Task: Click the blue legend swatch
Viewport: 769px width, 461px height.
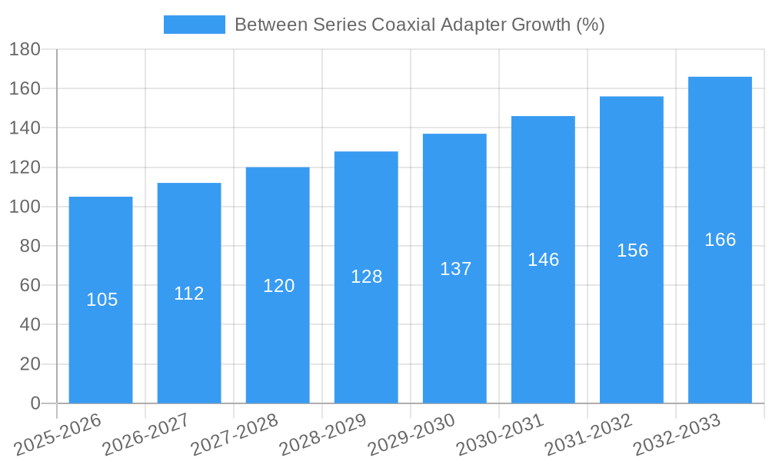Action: [194, 25]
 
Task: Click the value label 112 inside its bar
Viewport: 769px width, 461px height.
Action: [189, 294]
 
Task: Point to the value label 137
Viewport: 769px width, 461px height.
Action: [455, 269]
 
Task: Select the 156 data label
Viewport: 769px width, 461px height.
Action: [632, 250]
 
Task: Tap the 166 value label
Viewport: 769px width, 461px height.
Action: [720, 240]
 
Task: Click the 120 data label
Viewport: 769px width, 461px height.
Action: [278, 286]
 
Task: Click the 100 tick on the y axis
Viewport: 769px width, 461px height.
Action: [24, 207]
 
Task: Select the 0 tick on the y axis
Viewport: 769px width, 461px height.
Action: [35, 403]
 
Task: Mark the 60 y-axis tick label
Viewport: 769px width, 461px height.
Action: [28, 285]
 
